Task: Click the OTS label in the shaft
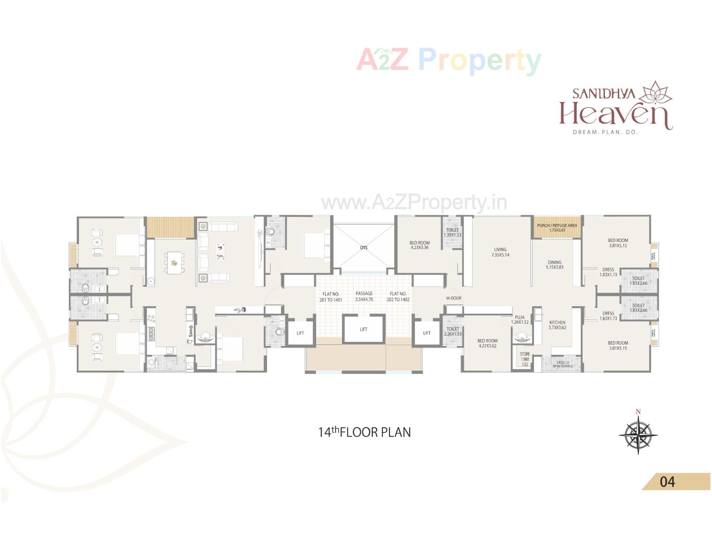point(363,247)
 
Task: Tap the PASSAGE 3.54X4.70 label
point(364,296)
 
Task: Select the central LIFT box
point(363,329)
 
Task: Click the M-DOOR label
point(454,298)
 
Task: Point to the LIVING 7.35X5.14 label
point(500,252)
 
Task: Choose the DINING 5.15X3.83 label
point(554,264)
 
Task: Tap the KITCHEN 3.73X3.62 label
point(557,325)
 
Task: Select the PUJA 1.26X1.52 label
point(520,320)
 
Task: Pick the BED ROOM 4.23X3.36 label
point(419,245)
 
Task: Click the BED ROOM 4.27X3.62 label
point(487,343)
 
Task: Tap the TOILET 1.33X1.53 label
point(452,233)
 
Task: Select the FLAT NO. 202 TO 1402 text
point(398,297)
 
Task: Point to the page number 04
point(667,482)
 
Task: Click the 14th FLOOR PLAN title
point(365,432)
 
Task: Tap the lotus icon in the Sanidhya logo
point(657,92)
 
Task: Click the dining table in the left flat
point(174,263)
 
